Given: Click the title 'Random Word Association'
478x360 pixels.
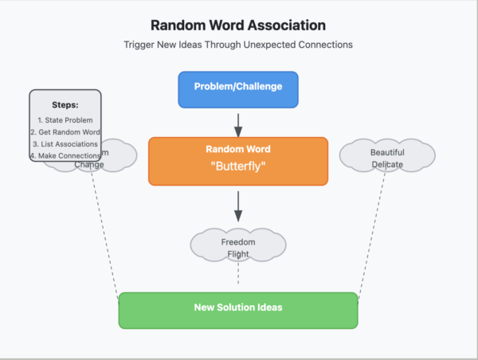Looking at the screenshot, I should pos(238,25).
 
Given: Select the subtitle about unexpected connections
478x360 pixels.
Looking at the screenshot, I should pos(238,45).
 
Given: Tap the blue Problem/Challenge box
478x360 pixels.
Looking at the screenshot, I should pos(237,87).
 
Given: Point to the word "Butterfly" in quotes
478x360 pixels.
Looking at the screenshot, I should pos(237,168).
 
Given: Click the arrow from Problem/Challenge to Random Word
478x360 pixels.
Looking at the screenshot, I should pos(237,123).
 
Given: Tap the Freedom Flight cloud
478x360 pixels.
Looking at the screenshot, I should pos(237,248).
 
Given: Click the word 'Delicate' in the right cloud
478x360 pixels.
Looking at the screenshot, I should pos(386,165).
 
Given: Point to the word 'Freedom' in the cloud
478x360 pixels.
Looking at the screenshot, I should pos(237,241).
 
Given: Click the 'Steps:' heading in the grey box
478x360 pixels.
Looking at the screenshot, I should pos(65,105).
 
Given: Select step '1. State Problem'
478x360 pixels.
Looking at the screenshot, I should pos(65,119).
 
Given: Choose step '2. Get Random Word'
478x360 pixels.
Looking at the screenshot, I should pos(65,131).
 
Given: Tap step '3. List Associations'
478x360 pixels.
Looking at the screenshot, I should pos(65,143).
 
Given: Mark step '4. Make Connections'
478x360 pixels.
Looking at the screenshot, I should pos(65,155).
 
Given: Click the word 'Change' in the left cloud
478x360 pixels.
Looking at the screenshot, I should pos(89,165).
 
